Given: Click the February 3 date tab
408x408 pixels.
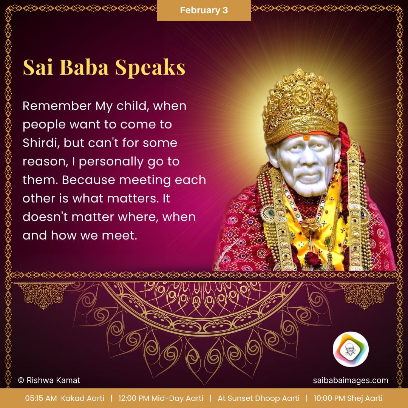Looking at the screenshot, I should pos(204,10).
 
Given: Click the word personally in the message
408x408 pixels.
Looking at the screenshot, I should pos(110,162).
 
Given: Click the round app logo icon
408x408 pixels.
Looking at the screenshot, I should pos(350,349).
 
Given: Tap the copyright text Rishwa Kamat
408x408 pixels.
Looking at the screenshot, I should pos(49,380).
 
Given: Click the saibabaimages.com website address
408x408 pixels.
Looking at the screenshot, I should pos(351,380).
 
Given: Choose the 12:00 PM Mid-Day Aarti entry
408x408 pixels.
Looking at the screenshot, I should pos(161,398).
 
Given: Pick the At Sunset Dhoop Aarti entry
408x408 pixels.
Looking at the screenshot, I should pos(258,398).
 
